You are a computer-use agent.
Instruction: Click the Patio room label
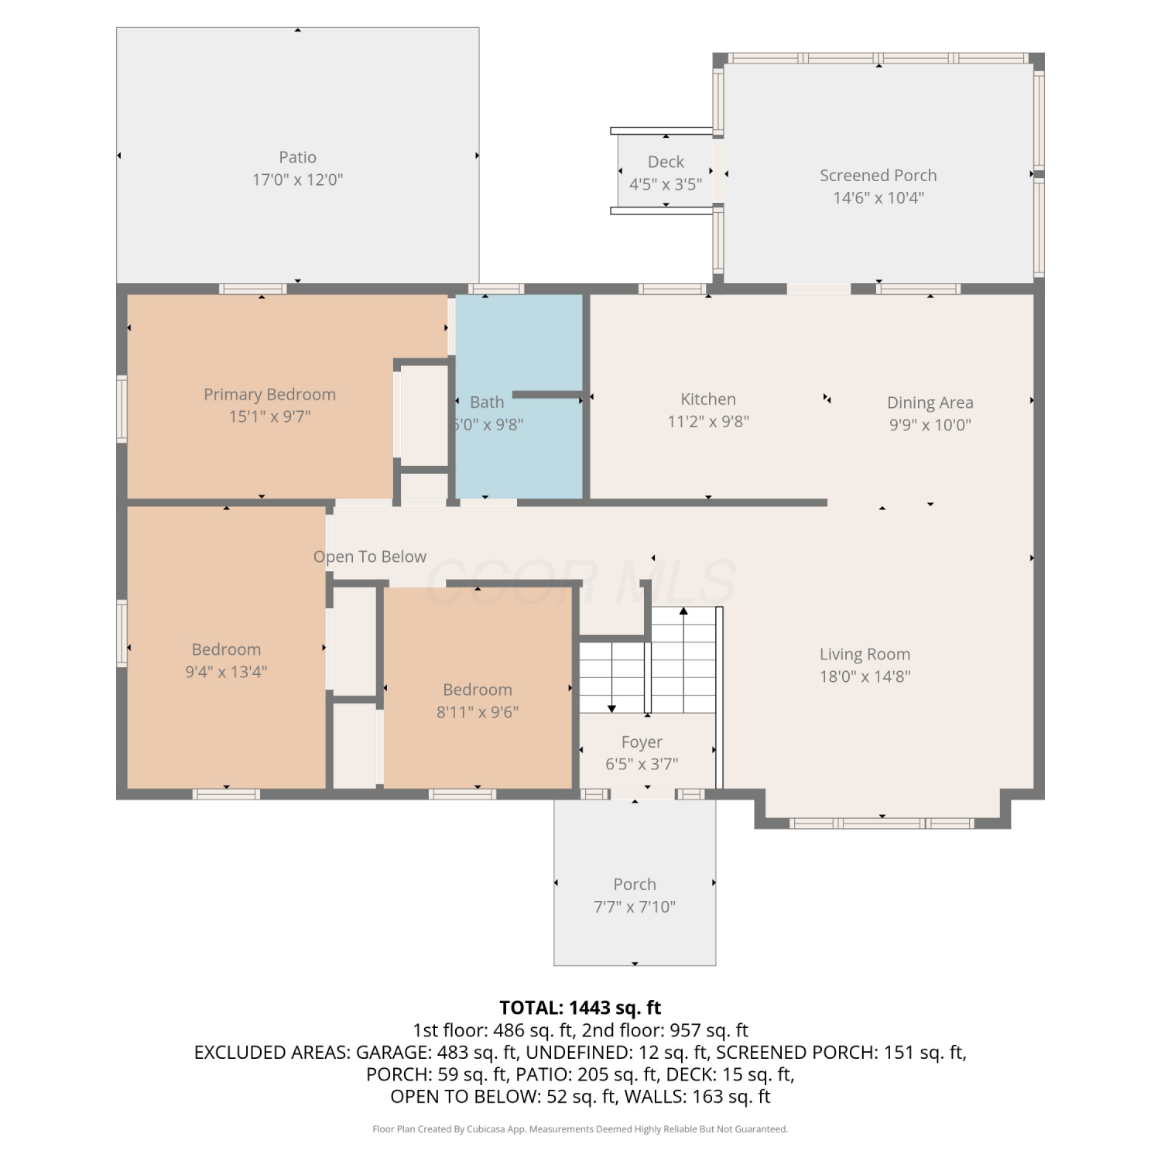[297, 157]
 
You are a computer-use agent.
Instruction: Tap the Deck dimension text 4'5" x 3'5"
[666, 184]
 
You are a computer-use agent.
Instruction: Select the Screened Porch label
[878, 176]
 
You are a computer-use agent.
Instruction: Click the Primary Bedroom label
[269, 395]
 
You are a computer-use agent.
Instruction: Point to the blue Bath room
[519, 396]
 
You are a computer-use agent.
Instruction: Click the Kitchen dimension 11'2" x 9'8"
[708, 422]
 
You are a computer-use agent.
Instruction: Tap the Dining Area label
[930, 402]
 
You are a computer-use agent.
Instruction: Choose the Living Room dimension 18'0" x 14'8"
[865, 676]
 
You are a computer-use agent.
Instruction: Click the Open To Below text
[370, 557]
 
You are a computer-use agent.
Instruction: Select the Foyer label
[642, 742]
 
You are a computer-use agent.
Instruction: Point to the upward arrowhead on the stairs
[683, 611]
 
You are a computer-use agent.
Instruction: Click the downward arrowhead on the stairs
[612, 708]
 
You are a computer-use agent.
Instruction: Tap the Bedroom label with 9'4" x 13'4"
[226, 649]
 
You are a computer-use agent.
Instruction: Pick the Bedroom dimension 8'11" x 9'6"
[478, 712]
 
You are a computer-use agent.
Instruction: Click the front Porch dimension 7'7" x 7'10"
[635, 906]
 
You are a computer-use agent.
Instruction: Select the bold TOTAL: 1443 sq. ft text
[580, 1008]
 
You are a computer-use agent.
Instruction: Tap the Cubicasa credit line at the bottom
[580, 1129]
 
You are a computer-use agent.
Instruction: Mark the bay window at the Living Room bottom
[882, 824]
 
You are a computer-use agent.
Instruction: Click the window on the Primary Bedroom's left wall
[122, 409]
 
